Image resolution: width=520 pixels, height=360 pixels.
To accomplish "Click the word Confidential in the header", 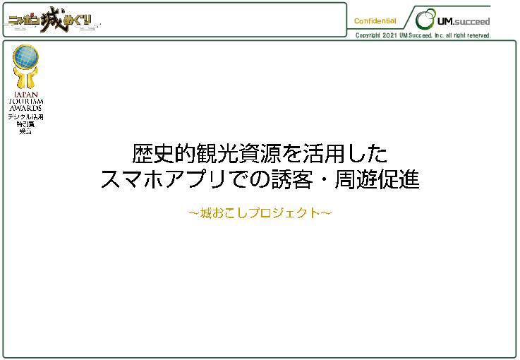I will point(375,21).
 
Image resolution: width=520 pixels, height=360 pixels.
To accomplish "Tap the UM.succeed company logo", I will point(452,20).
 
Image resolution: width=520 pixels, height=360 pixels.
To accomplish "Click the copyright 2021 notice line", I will point(423,35).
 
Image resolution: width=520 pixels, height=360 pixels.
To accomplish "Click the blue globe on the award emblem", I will point(26,56).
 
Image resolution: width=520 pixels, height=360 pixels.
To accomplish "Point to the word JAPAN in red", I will point(26,94).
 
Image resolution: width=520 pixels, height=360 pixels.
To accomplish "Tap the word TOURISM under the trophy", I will point(26,101).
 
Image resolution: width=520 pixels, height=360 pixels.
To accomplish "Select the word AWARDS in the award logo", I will point(26,108).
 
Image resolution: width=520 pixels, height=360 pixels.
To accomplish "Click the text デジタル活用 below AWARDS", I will point(26,116).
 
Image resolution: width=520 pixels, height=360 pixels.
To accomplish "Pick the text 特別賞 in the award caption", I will point(26,124).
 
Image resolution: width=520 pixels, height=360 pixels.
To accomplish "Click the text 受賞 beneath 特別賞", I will point(26,131).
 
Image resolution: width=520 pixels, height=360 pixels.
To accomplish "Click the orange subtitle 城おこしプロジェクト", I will point(260,212).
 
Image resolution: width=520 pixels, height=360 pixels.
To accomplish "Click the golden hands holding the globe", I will point(26,77).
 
